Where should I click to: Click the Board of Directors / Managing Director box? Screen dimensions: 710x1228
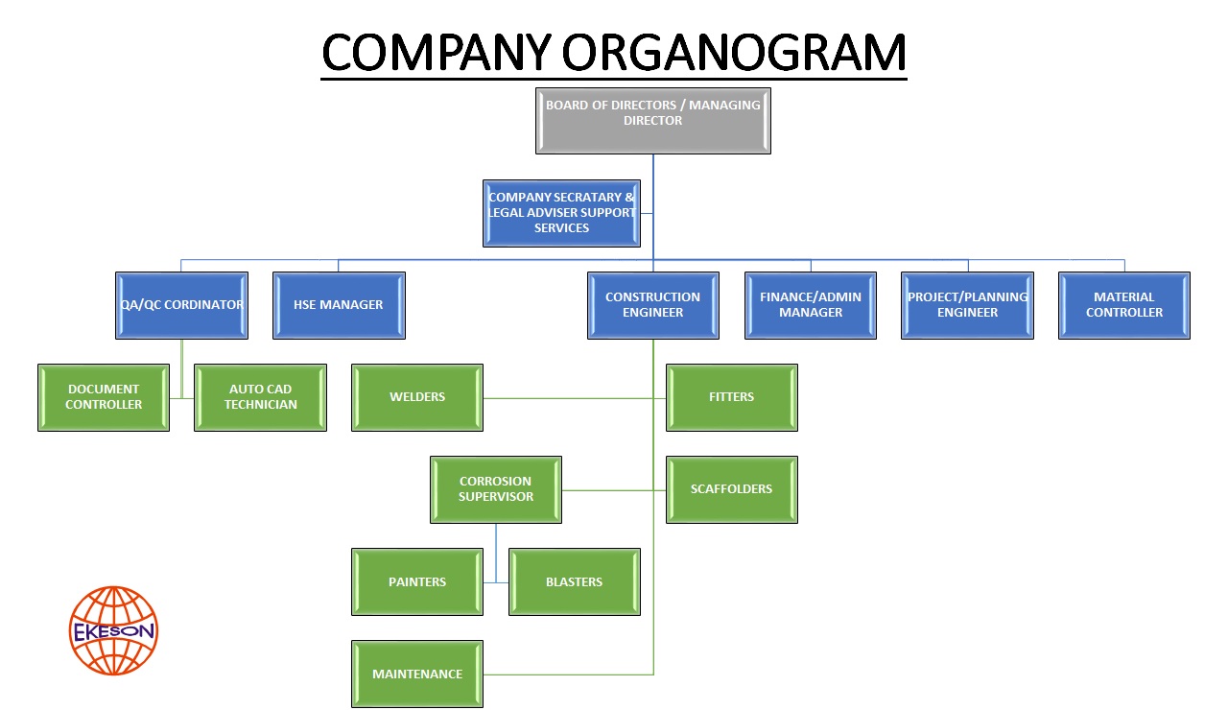pyautogui.click(x=652, y=120)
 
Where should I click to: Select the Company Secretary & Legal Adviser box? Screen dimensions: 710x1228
pyautogui.click(x=561, y=213)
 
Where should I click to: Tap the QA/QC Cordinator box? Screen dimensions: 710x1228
pyautogui.click(x=181, y=305)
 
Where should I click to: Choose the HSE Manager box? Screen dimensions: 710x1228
pyautogui.click(x=339, y=305)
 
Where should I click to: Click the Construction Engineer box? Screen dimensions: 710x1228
pyautogui.click(x=652, y=305)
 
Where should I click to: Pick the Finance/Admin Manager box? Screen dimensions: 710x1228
pyautogui.click(x=811, y=305)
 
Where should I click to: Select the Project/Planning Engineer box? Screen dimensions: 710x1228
pyautogui.click(x=967, y=305)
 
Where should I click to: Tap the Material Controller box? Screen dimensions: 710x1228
pyautogui.click(x=1124, y=305)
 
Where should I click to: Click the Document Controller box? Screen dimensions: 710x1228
pyautogui.click(x=104, y=397)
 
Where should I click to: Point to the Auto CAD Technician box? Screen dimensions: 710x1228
pyautogui.click(x=261, y=397)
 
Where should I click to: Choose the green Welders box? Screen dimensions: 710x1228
pyautogui.click(x=417, y=397)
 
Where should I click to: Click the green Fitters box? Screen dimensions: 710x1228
pyautogui.click(x=731, y=397)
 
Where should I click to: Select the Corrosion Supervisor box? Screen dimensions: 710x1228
pyautogui.click(x=496, y=489)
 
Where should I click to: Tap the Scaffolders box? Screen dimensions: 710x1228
pyautogui.click(x=731, y=489)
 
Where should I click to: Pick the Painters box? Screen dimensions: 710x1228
pyautogui.click(x=417, y=581)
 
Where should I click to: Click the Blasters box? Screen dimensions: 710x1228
pyautogui.click(x=574, y=581)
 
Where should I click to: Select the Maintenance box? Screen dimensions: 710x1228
pyautogui.click(x=417, y=674)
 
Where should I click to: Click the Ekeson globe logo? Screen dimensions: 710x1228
pyautogui.click(x=114, y=630)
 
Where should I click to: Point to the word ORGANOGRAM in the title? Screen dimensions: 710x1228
pyautogui.click(x=734, y=53)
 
